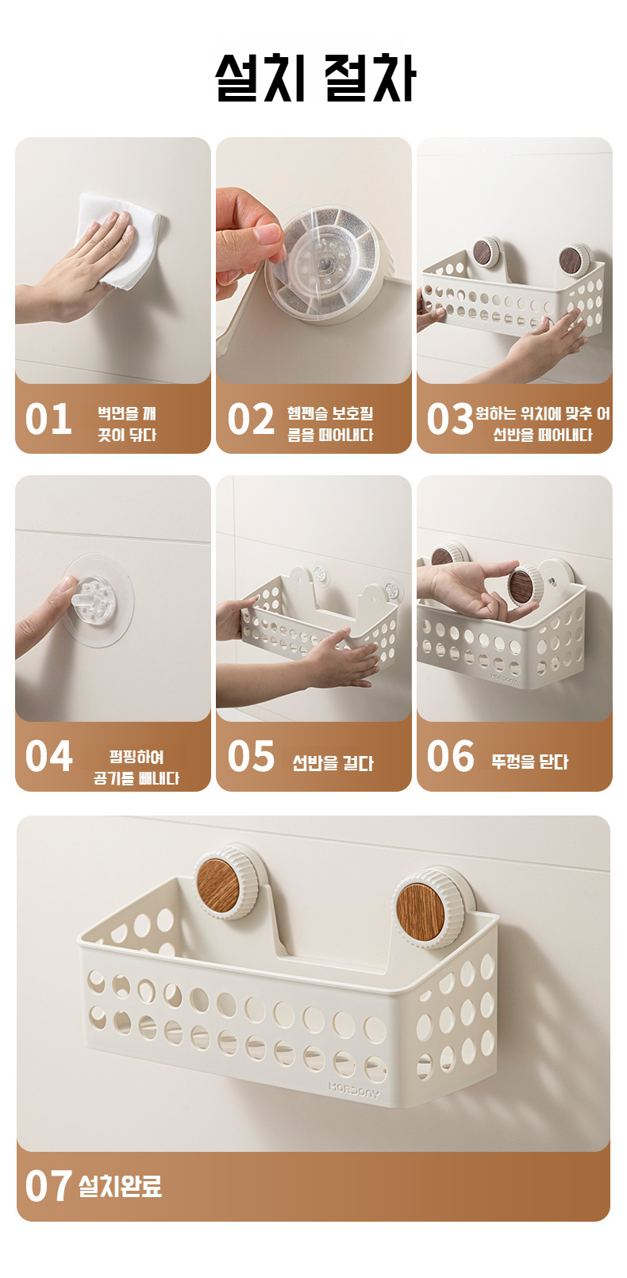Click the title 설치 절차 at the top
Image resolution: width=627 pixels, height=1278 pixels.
(x=315, y=77)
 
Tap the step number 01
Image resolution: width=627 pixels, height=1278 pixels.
(x=48, y=419)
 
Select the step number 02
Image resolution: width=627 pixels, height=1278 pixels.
(x=251, y=419)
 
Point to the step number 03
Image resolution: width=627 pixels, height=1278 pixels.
(x=450, y=419)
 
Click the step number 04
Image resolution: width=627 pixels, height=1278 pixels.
(x=48, y=756)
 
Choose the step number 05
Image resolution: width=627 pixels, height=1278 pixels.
(x=251, y=756)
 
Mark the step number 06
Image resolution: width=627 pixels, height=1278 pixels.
(x=450, y=756)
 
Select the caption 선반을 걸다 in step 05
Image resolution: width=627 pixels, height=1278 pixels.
(x=333, y=763)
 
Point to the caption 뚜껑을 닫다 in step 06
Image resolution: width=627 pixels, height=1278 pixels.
(x=530, y=762)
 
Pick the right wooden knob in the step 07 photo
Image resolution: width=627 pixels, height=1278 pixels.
(x=421, y=908)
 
